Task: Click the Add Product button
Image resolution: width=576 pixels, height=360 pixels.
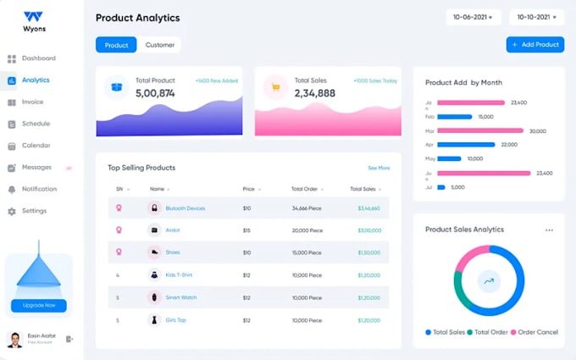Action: tap(534, 45)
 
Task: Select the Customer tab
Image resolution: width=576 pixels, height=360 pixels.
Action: tap(160, 45)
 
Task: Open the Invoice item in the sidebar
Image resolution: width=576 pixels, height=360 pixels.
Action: tap(32, 102)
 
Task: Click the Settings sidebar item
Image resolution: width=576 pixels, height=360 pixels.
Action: tap(34, 211)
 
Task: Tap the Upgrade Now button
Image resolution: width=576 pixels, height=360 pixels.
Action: tap(39, 305)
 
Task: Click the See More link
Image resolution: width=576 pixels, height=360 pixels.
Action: tap(379, 168)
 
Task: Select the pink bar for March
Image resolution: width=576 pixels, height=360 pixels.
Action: tap(481, 131)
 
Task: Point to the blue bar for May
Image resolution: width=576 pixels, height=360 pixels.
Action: tap(450, 158)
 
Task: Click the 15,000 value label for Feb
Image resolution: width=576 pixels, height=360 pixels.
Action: tap(485, 117)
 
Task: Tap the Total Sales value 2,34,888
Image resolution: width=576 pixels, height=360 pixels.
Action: tap(314, 92)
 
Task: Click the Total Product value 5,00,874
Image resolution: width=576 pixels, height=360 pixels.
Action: tap(155, 92)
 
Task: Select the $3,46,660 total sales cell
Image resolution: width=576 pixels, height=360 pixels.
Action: tap(368, 208)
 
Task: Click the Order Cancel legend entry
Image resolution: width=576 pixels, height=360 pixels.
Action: tap(535, 332)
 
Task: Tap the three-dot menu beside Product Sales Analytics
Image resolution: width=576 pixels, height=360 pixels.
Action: tap(549, 230)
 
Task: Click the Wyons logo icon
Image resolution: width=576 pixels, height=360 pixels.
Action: tap(33, 16)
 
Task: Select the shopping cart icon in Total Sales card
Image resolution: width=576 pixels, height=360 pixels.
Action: tap(275, 86)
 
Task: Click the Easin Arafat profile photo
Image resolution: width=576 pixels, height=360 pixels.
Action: tap(15, 339)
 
